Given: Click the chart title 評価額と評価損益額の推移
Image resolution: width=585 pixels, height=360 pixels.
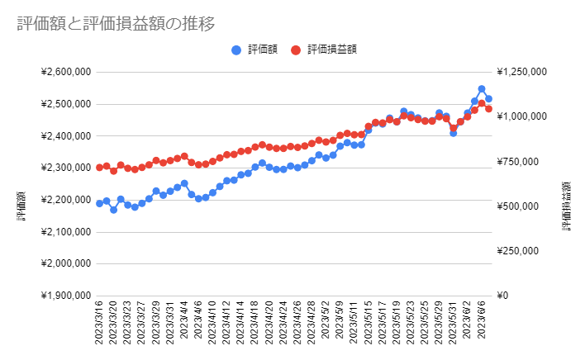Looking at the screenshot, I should (117, 24).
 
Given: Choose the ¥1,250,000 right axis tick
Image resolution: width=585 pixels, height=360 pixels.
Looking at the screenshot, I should (525, 72).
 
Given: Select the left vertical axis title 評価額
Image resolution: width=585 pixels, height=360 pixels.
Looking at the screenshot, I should (22, 206).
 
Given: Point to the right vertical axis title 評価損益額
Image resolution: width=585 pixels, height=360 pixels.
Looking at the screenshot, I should (568, 206).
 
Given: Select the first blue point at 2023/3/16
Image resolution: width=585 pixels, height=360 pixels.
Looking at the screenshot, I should (99, 203).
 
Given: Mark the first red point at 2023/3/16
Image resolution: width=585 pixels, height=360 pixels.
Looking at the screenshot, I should (99, 168).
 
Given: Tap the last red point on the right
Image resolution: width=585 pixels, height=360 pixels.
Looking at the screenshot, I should (488, 108).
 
